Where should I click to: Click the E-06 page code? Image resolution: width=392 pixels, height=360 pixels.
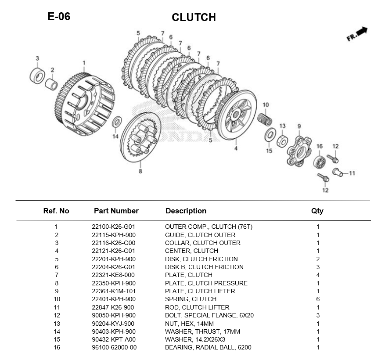coord(59,17)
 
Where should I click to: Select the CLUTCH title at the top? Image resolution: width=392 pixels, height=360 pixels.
coord(194,17)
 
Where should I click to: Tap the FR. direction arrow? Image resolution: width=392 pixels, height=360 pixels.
coord(357,34)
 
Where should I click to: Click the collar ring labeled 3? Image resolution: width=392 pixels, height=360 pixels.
coord(37,76)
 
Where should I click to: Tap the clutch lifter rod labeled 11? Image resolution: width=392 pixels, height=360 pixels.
coord(337,172)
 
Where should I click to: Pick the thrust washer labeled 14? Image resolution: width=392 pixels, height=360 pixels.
coord(117,122)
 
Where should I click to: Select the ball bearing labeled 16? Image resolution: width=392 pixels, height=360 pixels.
coord(319,161)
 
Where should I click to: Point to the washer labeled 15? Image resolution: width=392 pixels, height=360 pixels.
coord(270,135)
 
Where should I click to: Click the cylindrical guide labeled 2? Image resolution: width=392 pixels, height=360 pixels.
coord(52,83)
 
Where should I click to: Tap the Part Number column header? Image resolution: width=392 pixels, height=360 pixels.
coord(116,211)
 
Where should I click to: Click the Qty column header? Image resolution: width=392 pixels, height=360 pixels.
coord(317,211)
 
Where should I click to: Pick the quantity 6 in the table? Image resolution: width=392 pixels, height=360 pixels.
coord(318,299)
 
